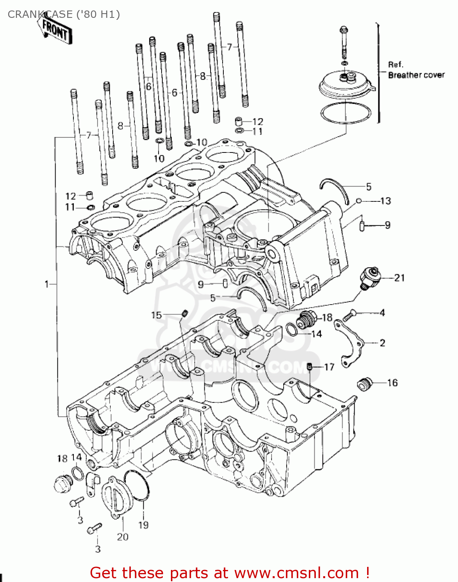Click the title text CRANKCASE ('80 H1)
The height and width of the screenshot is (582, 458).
tap(64, 14)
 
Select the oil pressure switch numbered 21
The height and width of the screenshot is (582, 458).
tap(369, 277)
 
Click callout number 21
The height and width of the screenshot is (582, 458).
tap(399, 278)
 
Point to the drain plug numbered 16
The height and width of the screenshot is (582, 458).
tap(364, 384)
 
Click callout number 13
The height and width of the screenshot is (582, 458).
tap(385, 201)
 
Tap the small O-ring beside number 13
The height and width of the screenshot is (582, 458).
tap(359, 201)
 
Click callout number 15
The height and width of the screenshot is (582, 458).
tap(156, 315)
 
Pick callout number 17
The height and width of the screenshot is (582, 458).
tap(329, 367)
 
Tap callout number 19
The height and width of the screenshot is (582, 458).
tap(143, 525)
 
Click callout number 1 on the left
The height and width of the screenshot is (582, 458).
tap(47, 284)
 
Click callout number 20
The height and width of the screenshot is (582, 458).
tap(122, 537)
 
